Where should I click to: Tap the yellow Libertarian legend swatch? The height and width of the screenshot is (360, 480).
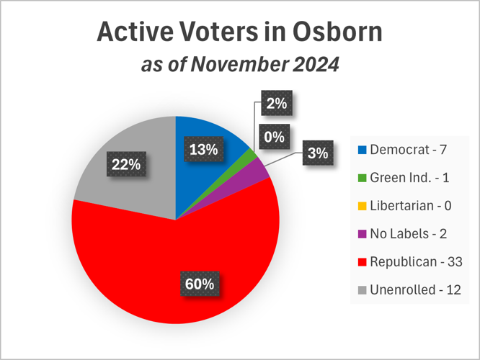coord(363,206)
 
